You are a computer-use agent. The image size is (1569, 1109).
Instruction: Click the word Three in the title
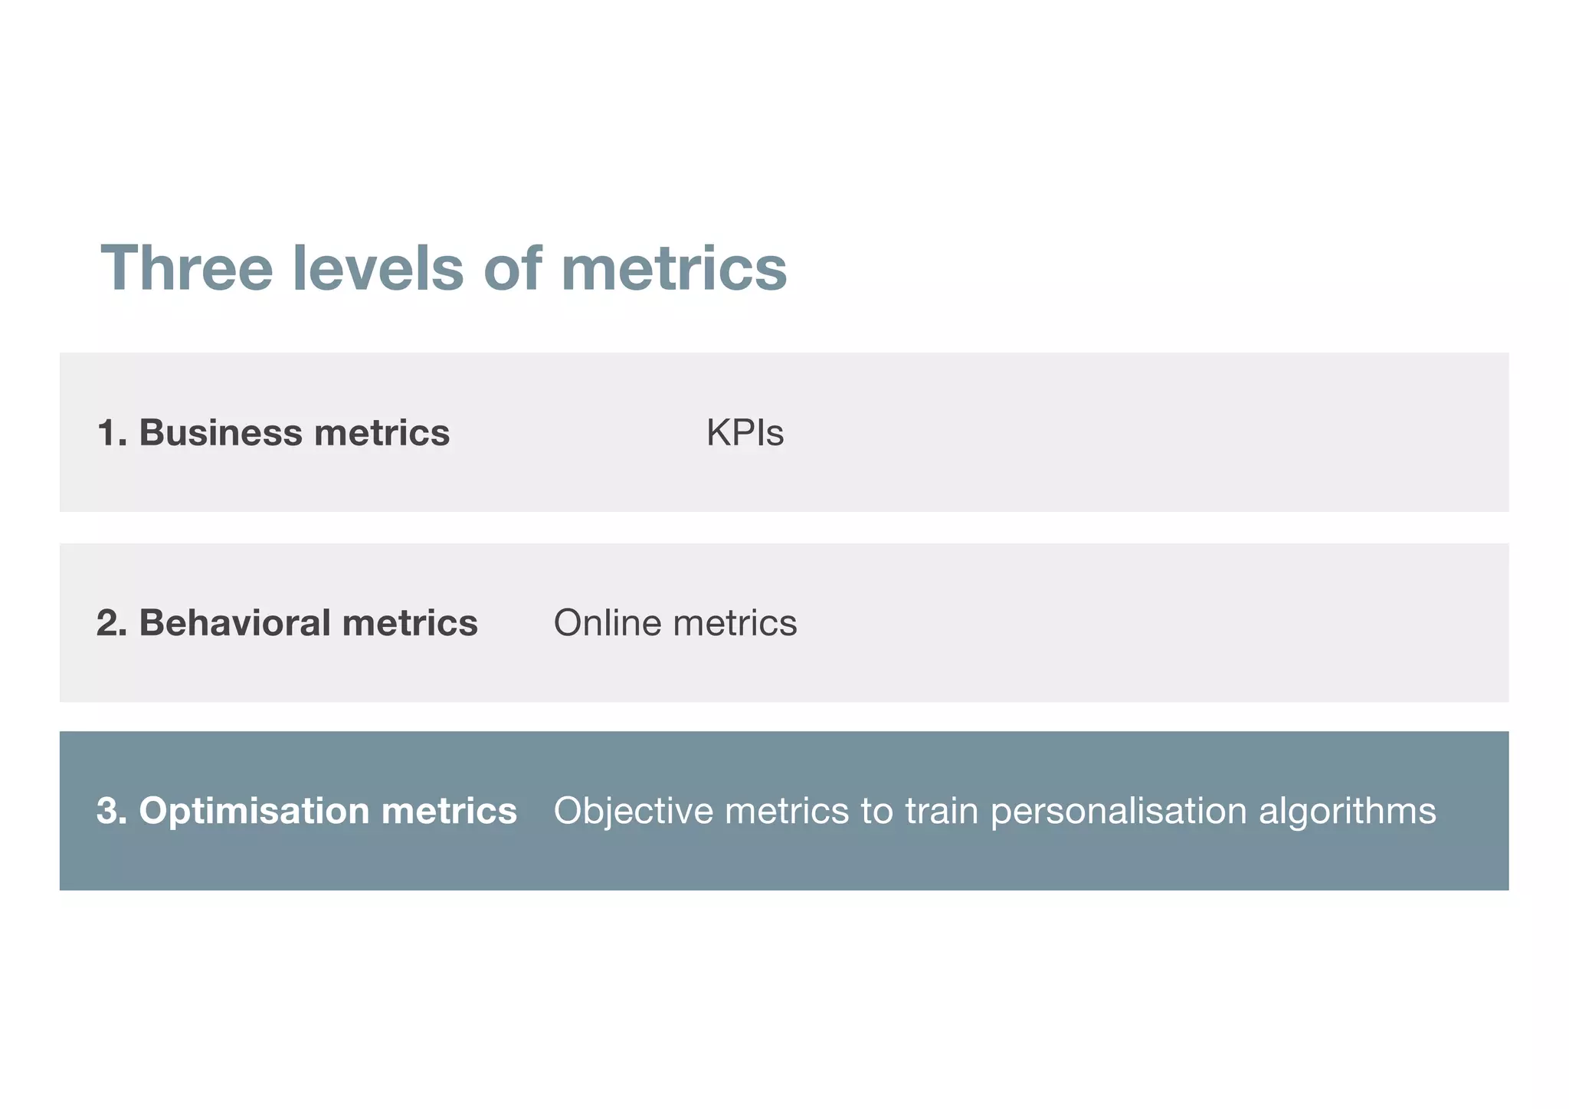click(186, 268)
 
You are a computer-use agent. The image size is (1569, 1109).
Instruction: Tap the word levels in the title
click(378, 268)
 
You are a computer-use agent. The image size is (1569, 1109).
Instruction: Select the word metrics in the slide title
click(673, 268)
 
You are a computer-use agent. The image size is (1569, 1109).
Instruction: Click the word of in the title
click(512, 268)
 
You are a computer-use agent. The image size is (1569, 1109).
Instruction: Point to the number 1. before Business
click(112, 433)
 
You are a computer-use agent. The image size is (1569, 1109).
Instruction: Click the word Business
click(221, 433)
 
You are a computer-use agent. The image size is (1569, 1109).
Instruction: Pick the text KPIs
click(745, 433)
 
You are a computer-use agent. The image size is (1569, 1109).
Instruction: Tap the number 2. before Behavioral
click(112, 622)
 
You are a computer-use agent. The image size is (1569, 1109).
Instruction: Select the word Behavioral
click(234, 622)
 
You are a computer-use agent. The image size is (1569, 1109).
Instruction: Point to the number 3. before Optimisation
click(112, 811)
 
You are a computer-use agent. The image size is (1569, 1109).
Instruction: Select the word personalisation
click(1119, 811)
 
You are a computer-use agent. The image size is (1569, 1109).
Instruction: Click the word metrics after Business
click(382, 433)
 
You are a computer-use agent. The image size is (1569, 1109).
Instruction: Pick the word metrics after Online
click(735, 622)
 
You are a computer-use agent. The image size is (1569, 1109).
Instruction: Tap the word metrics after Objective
click(787, 811)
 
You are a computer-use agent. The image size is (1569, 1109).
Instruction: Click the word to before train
click(876, 811)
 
